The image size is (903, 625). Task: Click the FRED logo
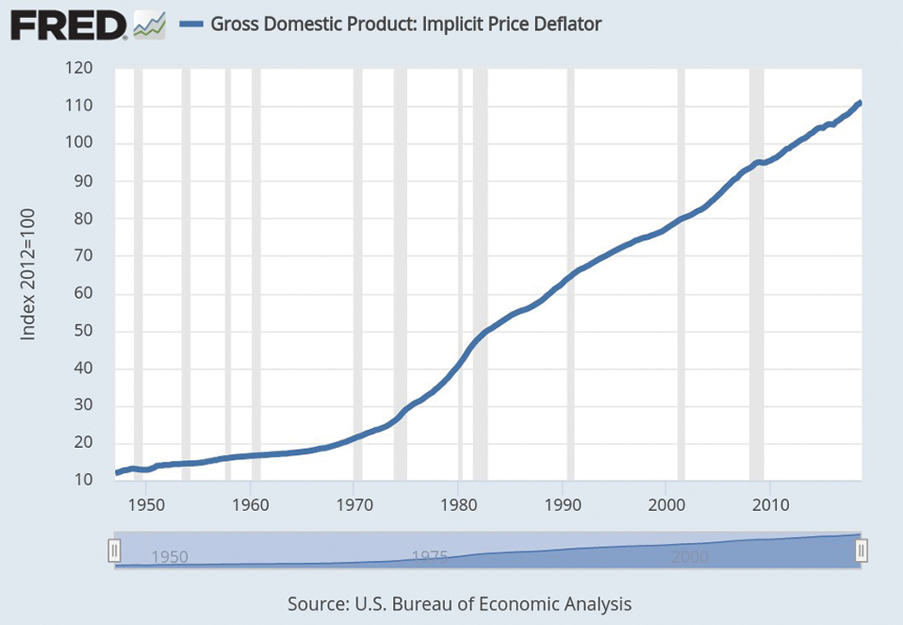(69, 26)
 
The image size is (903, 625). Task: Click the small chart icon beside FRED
(149, 26)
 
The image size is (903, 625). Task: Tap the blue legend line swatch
(191, 24)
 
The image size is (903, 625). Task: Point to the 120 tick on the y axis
(79, 68)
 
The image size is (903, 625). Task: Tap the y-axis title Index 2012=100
(28, 274)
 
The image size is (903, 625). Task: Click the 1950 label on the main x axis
(146, 505)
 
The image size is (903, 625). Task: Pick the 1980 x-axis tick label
(458, 505)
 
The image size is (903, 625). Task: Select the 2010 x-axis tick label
(771, 505)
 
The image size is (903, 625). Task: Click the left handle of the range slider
(115, 551)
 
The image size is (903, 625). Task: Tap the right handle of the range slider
(861, 551)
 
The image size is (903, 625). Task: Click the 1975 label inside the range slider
(429, 557)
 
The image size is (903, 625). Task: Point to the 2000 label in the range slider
(690, 557)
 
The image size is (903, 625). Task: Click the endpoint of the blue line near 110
(860, 103)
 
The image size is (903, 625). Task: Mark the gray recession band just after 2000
(681, 274)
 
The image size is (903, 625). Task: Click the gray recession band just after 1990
(570, 274)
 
